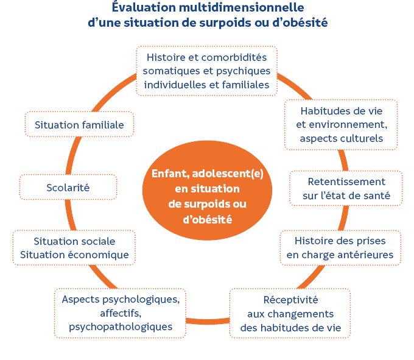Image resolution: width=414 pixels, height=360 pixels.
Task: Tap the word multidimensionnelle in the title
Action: [236, 9]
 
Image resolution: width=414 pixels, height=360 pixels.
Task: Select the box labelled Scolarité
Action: [68, 188]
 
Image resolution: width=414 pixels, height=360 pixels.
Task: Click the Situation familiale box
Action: [79, 125]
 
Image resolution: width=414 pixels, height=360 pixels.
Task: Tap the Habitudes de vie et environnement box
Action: [341, 125]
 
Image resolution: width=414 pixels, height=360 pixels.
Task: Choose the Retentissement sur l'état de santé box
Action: [346, 189]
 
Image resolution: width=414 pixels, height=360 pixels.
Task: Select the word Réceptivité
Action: [290, 300]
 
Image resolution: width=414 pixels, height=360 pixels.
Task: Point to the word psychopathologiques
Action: [121, 327]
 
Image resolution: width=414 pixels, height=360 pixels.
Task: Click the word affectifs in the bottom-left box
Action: [120, 313]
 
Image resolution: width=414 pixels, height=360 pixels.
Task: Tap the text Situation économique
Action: [74, 255]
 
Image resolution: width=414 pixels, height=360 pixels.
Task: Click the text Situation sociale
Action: [74, 241]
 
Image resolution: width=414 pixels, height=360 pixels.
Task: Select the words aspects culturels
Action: [341, 139]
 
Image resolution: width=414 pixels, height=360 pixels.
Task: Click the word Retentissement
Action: [346, 182]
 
